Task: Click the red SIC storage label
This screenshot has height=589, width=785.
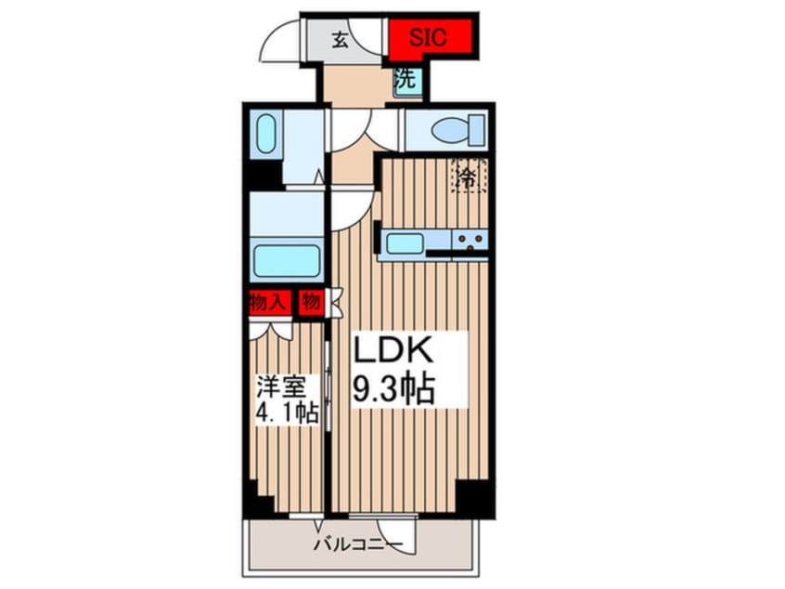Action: click(429, 38)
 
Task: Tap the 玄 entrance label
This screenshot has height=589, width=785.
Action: click(341, 39)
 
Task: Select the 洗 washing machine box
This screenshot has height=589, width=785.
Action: click(405, 80)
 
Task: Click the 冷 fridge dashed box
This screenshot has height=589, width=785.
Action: click(470, 176)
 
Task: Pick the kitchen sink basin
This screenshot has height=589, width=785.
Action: click(405, 242)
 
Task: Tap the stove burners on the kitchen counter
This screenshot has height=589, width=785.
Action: click(471, 242)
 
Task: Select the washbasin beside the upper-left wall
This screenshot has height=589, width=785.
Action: click(265, 133)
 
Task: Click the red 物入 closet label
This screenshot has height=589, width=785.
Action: click(268, 302)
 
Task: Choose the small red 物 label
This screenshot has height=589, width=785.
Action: click(311, 302)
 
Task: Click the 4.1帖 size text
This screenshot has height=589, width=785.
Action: click(287, 411)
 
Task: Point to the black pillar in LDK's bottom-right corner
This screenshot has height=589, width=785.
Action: click(474, 496)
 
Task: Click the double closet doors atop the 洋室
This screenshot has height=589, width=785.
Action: click(272, 328)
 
